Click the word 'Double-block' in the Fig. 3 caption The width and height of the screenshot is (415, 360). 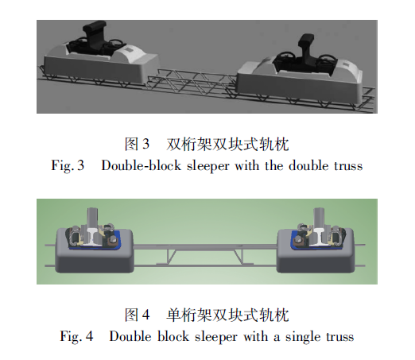(141, 165)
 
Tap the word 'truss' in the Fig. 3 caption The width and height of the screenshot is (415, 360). (348, 166)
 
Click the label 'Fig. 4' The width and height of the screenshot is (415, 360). (76, 336)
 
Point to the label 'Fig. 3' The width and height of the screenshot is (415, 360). (68, 165)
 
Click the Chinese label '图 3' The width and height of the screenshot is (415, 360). (137, 144)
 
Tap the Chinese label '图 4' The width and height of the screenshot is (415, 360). (137, 315)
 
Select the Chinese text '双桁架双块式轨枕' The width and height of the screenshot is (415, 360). (227, 145)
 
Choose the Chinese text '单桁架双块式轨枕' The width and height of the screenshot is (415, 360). (227, 315)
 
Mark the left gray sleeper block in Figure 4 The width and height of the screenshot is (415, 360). (95, 251)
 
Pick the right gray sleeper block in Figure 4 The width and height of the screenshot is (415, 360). (316, 251)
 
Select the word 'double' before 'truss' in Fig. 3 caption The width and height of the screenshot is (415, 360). (308, 165)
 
